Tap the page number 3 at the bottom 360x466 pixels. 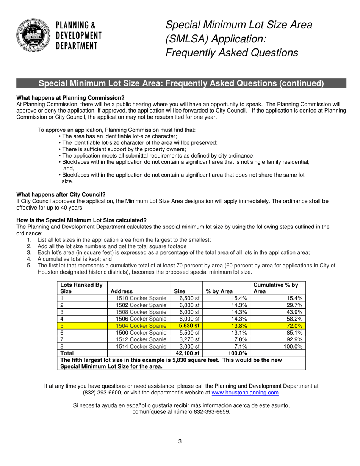pos(180,441)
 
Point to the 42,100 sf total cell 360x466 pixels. pos(187,353)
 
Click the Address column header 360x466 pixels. pos(122,291)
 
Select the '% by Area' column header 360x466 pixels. pos(219,291)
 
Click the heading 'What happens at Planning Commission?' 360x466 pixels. pos(70,98)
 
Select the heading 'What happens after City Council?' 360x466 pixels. pos(61,194)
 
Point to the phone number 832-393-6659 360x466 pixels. pos(213,412)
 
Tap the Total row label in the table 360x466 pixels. pos(68,353)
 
